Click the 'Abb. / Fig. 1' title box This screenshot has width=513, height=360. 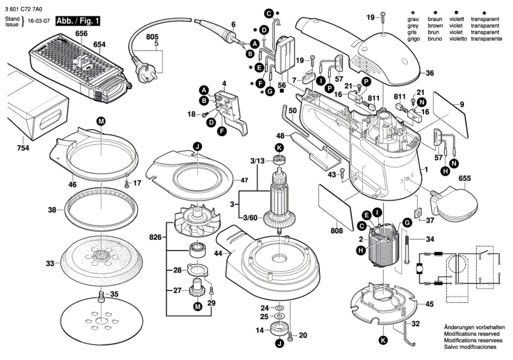coord(78,21)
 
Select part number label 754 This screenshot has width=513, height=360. coord(23,148)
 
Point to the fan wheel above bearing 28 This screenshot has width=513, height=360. coord(196,221)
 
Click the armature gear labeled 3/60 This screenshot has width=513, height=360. coord(279,220)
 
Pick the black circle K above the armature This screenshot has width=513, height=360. coord(280,148)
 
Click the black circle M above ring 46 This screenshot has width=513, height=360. coord(101,121)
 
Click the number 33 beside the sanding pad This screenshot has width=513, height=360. coord(50,263)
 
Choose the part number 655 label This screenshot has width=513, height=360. coord(465,178)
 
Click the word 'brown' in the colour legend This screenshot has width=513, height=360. coord(435,26)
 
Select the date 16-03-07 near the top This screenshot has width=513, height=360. coord(38,21)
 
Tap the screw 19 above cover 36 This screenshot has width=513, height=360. coord(383,16)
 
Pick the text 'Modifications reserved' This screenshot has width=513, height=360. coord(471,334)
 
